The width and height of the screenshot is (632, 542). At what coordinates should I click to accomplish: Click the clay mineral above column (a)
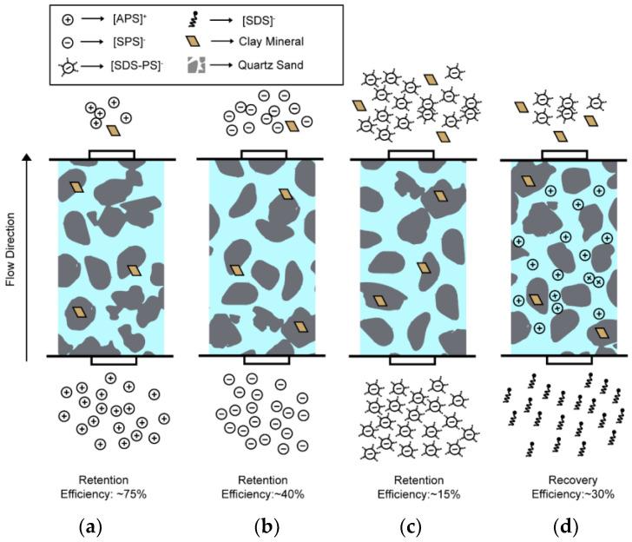point(113,130)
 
